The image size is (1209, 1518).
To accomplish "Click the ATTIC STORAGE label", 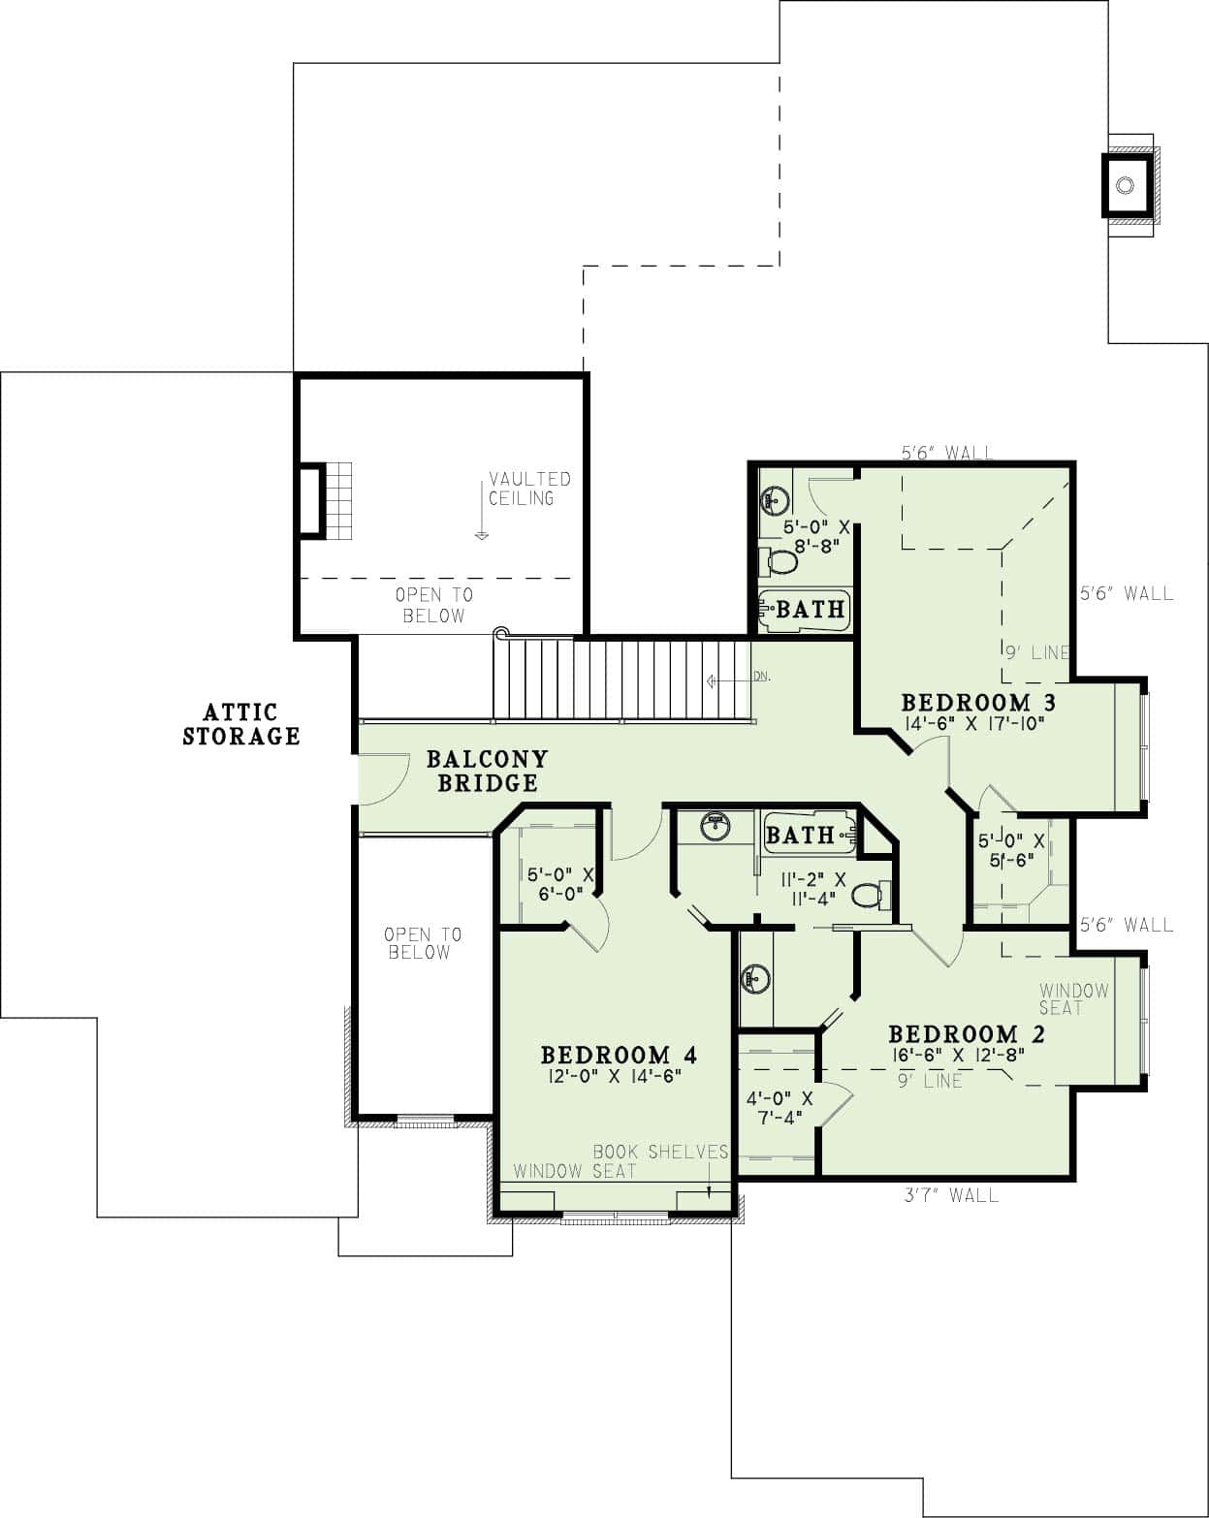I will (x=241, y=725).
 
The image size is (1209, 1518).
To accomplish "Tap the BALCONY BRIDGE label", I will (x=487, y=771).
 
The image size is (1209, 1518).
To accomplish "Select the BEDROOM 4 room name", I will (x=619, y=1054).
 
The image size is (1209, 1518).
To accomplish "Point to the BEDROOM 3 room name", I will (x=978, y=702).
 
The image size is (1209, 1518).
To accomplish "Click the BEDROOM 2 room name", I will (x=967, y=1033).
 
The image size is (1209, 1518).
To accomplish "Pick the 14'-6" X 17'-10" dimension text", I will (x=972, y=723).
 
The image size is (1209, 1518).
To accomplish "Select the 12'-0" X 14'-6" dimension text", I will (x=612, y=1076).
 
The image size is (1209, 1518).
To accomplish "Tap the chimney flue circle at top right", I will (x=1125, y=185).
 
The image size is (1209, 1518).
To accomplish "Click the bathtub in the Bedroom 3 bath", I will (x=804, y=610).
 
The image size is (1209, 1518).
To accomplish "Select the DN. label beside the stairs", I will (x=761, y=677).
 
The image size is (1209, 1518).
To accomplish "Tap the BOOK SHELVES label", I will (x=660, y=1152).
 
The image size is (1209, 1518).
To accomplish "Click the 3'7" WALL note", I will (x=950, y=1195).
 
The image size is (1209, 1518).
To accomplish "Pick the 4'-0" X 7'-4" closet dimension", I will (x=779, y=1108).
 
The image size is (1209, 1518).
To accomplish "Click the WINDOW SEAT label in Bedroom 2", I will (x=1073, y=999).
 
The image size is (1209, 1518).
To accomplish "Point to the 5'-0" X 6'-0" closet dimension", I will (x=560, y=883).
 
